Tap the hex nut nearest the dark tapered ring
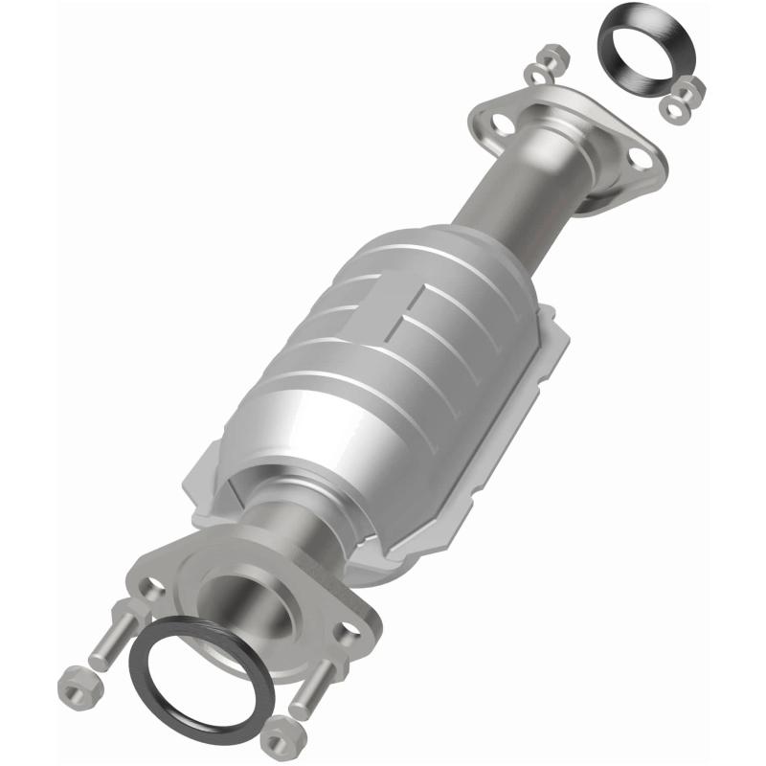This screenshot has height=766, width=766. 687,92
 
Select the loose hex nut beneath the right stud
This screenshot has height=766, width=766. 279,737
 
